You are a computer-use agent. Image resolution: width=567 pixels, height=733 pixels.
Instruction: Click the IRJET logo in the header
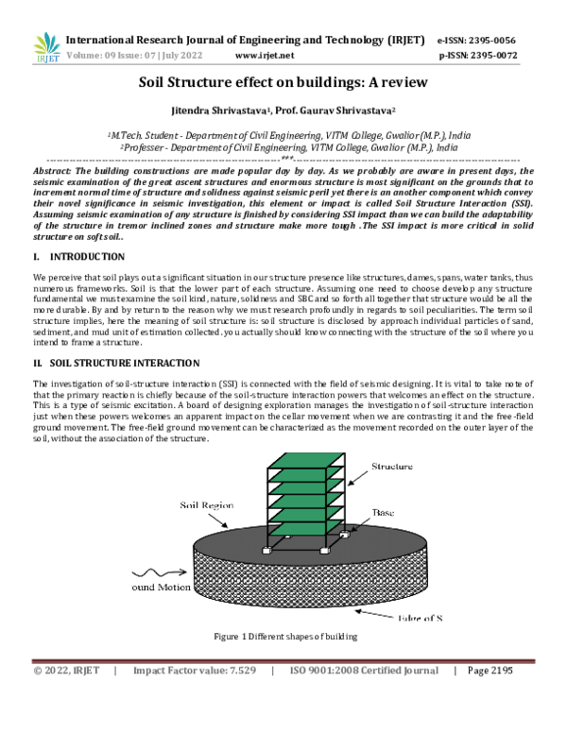46,47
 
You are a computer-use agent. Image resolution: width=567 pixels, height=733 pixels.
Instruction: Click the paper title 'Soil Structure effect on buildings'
283,83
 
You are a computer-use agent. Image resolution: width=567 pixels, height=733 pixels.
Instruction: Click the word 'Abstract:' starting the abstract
55,170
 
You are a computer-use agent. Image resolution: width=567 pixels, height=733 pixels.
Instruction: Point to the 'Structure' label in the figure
392,467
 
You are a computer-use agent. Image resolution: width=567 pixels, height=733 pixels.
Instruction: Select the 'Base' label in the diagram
383,511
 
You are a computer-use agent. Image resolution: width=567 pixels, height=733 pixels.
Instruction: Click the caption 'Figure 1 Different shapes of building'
283,637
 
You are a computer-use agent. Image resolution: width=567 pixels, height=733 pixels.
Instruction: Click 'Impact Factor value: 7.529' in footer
195,671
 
